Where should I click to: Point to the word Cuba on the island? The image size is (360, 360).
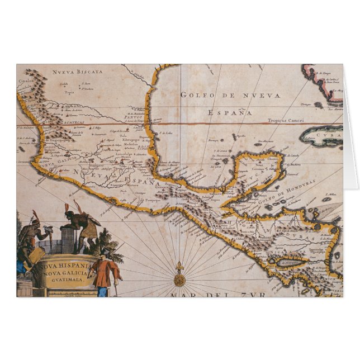click(329, 135)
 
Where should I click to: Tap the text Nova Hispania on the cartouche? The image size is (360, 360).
click(64, 266)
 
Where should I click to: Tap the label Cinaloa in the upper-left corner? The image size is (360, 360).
click(26, 80)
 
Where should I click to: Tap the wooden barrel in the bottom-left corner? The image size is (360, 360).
click(24, 287)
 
